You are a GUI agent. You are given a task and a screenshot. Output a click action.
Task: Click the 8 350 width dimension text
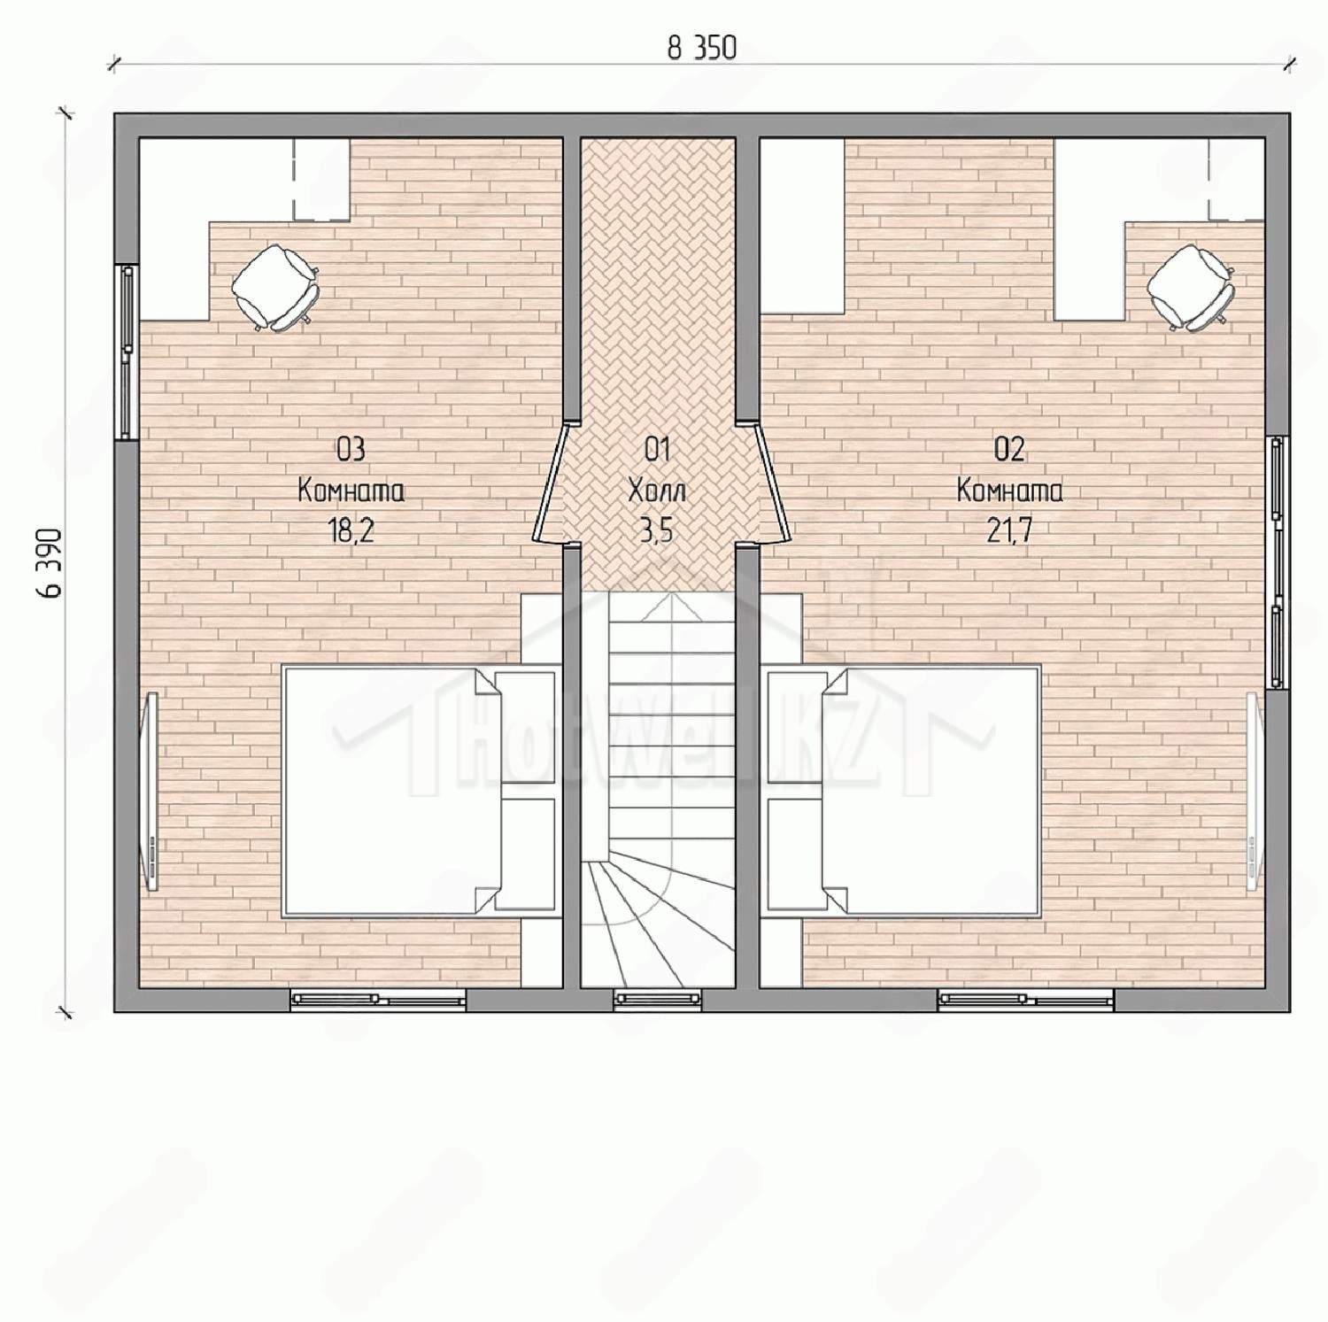coord(701,48)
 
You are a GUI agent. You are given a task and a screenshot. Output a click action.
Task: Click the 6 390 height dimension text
coord(50,563)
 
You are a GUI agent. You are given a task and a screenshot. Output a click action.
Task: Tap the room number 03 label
coord(351,450)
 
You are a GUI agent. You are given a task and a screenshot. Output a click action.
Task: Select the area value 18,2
coord(351,530)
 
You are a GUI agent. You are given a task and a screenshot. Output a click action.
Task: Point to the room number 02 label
coord(1009,450)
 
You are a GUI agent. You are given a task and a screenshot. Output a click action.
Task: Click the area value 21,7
coord(1009,530)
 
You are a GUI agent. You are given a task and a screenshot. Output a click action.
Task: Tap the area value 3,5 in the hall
coord(657,530)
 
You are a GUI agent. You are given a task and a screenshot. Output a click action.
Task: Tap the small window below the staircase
coord(659,1000)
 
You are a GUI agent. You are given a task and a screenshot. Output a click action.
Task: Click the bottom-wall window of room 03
coord(379,1000)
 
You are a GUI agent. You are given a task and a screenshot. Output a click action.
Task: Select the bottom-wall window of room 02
coord(1026,1000)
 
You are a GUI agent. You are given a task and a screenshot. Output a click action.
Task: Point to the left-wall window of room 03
coord(127,352)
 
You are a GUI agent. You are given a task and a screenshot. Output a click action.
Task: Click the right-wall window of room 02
coord(1277,561)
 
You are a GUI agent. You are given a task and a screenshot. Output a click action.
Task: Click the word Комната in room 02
coord(1009,490)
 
